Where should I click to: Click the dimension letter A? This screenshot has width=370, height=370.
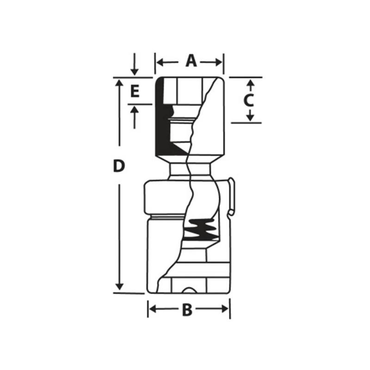coord(191,61)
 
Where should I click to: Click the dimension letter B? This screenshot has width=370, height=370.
coord(187,310)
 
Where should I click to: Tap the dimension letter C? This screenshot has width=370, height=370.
coord(249,100)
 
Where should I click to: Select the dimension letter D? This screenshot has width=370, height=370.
coord(119,166)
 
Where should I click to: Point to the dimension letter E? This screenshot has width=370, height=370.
coord(134,92)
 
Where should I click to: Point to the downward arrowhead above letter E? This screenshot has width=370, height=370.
coord(134,71)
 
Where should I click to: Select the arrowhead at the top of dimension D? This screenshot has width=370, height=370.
coord(119,83)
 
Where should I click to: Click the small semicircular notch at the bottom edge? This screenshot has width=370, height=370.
coord(189,290)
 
